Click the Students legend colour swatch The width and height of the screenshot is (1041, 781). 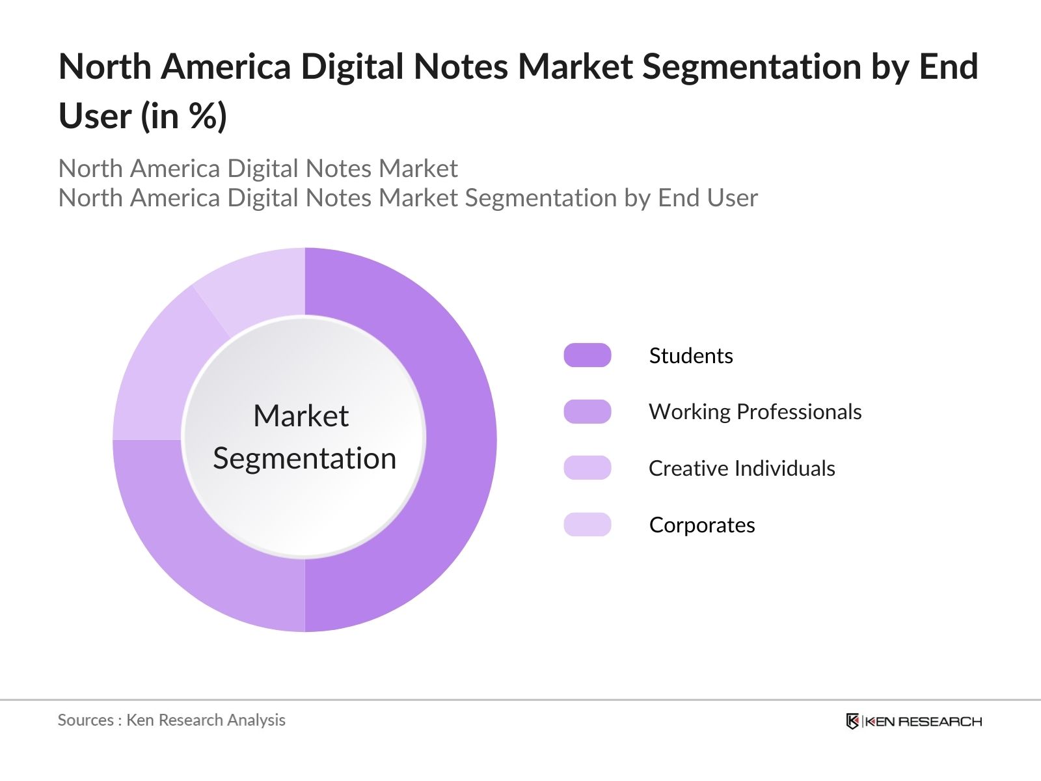[x=587, y=355]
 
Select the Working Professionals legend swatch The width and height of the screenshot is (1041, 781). [x=587, y=412]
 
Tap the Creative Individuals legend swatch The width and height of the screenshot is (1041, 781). [x=587, y=468]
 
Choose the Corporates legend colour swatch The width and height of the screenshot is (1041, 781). [x=587, y=525]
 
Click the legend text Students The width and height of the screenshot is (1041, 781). [x=690, y=355]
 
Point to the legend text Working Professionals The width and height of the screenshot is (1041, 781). [x=755, y=412]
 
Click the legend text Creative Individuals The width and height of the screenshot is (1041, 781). [x=742, y=468]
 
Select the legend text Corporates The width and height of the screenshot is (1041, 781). [x=702, y=525]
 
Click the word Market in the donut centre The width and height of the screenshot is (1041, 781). [x=301, y=416]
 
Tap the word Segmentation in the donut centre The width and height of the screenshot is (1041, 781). [x=304, y=458]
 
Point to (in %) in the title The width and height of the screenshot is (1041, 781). [x=184, y=116]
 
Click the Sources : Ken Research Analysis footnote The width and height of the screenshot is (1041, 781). [x=171, y=720]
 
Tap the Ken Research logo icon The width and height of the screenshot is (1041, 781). [x=852, y=721]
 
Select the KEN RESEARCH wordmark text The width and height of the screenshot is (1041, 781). [x=923, y=721]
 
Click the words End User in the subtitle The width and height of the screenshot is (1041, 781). [x=708, y=198]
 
